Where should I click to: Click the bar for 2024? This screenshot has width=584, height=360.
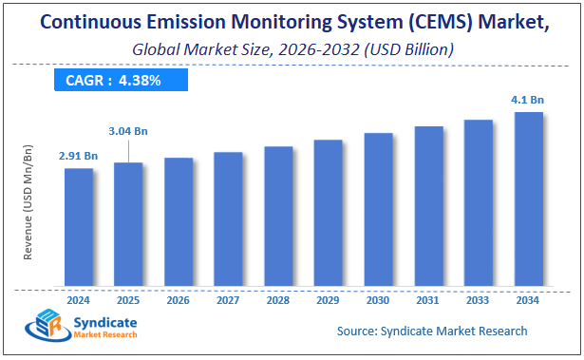(x=79, y=228)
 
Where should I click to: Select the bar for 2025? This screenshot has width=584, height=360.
(x=128, y=225)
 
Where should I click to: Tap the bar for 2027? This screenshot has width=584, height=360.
(x=228, y=219)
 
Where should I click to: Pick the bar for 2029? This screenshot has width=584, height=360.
(x=328, y=214)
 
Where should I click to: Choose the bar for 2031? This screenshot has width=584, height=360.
(x=428, y=207)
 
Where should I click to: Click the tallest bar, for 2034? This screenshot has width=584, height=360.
(x=528, y=200)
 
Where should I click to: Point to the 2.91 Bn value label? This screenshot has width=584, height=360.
(x=78, y=154)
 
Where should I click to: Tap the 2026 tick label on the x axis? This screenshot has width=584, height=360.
(x=179, y=299)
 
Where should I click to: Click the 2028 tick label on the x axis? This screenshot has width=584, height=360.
(x=278, y=299)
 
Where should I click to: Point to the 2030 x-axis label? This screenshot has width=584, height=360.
(x=378, y=299)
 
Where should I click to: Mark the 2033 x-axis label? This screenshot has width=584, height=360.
(x=478, y=299)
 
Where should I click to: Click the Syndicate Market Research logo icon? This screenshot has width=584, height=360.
(x=43, y=326)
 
